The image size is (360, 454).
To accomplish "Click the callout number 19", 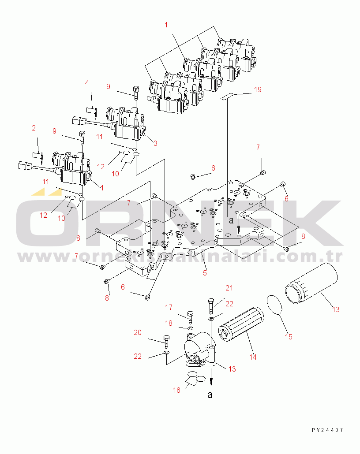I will tap(258, 89).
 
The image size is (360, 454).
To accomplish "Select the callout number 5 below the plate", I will tap(205, 273).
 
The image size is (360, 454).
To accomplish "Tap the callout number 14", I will tap(253, 357).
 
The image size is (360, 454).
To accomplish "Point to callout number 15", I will tap(289, 337).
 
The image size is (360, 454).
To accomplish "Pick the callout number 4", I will tap(87, 83).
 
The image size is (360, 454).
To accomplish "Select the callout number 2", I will tap(34, 128).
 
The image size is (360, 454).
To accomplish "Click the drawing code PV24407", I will tap(327, 430).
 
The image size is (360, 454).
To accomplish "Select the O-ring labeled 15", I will tap(277, 305).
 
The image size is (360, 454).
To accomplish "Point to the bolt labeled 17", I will tap(190, 317).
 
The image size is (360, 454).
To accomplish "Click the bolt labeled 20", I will tap(166, 341).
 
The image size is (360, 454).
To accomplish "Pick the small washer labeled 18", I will tap(190, 328).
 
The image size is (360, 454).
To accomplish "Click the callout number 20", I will tap(138, 332).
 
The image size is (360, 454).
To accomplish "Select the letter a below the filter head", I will tap(210, 395).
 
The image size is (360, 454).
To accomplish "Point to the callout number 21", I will tap(229, 288).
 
